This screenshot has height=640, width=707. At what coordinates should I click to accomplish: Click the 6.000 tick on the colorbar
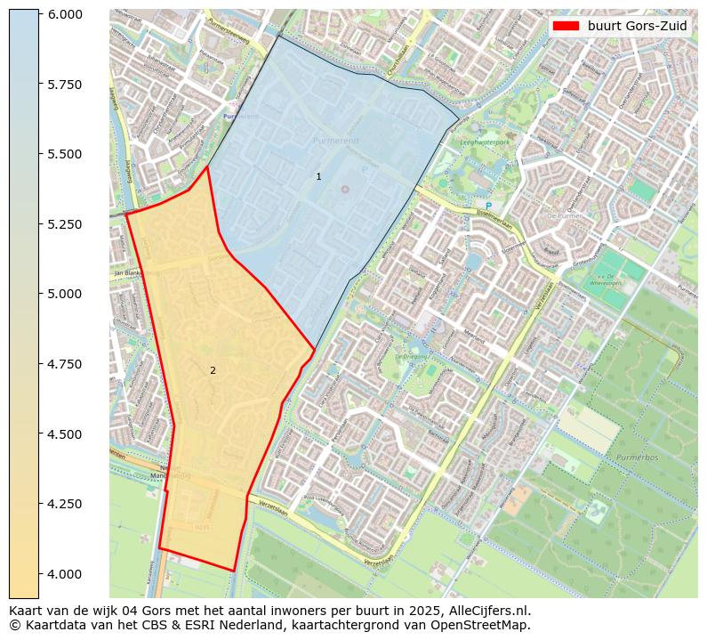click(x=66, y=14)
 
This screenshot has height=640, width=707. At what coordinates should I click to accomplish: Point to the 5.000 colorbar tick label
click(x=66, y=294)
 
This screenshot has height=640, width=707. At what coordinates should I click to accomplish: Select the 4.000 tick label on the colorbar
click(x=66, y=573)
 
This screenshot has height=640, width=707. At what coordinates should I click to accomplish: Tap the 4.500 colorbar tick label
click(x=66, y=433)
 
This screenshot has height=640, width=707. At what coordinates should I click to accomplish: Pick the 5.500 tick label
click(x=66, y=154)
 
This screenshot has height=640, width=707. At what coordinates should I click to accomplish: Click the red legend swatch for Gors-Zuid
click(x=566, y=26)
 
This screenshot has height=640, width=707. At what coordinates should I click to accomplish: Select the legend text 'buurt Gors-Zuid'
click(x=637, y=26)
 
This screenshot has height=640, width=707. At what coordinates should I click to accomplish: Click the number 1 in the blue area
click(x=318, y=177)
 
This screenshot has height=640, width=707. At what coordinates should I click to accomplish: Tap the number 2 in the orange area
click(x=213, y=370)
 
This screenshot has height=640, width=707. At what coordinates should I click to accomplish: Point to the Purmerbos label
click(x=636, y=458)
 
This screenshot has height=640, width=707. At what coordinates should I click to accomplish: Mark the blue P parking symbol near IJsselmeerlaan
click(x=488, y=207)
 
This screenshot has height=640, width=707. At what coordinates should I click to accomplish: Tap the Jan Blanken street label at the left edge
click(x=128, y=272)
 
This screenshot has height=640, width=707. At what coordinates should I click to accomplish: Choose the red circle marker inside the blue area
click(x=345, y=189)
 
